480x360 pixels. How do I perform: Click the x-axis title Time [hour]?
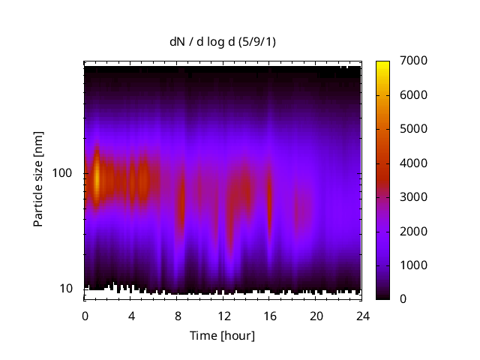[222, 335]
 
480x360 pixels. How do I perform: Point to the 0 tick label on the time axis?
[85, 315]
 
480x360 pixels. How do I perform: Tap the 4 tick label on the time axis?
[131, 315]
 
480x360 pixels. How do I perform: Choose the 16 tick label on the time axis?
[270, 315]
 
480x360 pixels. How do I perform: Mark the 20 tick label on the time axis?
[316, 315]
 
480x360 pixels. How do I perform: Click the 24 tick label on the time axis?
[362, 315]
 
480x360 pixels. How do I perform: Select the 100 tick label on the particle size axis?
[62, 173]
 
